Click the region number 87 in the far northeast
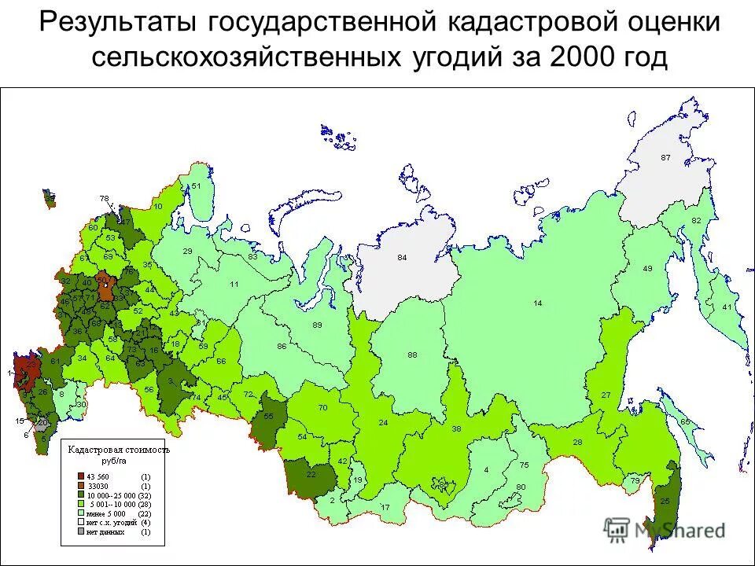pyautogui.click(x=665, y=157)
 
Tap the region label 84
pyautogui.click(x=402, y=258)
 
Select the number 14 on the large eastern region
pyautogui.click(x=538, y=303)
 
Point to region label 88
pyautogui.click(x=412, y=355)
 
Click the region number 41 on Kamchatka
pyautogui.click(x=727, y=307)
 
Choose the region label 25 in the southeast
pyautogui.click(x=665, y=502)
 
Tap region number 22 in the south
pyautogui.click(x=311, y=474)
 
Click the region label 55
pyautogui.click(x=269, y=417)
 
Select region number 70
pyautogui.click(x=322, y=407)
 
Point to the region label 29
pyautogui.click(x=187, y=251)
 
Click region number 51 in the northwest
pyautogui.click(x=197, y=186)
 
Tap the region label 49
pyautogui.click(x=648, y=269)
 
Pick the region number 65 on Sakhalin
pyautogui.click(x=685, y=422)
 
